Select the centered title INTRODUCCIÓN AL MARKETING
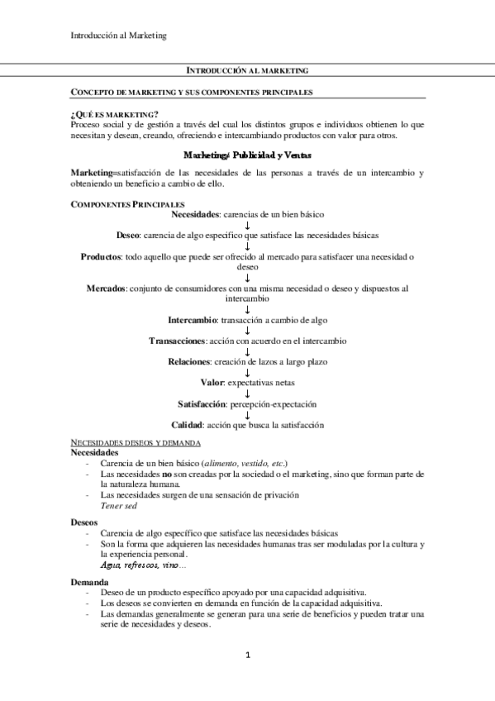(x=247, y=72)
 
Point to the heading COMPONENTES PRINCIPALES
(x=128, y=204)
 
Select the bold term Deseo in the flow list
(x=128, y=236)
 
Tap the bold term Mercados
(x=107, y=289)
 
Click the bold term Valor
(x=212, y=383)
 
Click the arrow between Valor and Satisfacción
(x=248, y=393)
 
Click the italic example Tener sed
(x=118, y=504)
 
